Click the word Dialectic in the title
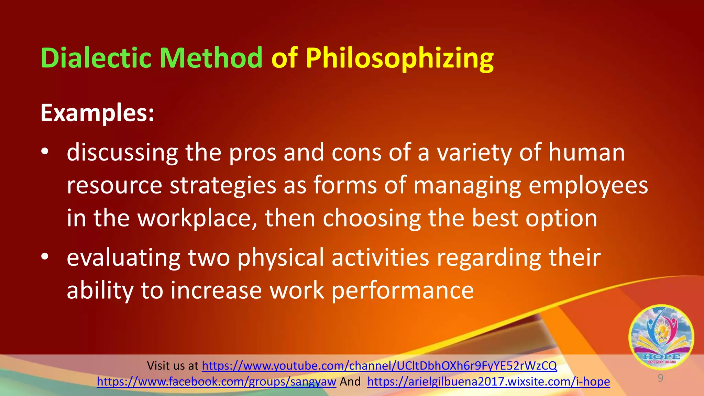point(96,58)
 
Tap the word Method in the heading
point(211,58)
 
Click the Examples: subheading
point(97,113)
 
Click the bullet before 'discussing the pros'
point(45,152)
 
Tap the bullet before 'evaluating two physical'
point(45,257)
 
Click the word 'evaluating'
point(123,257)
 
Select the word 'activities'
point(380,257)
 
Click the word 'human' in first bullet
point(586,152)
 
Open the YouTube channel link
point(379,366)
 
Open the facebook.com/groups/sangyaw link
point(216,382)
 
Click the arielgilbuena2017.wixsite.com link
point(488,382)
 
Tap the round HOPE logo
point(661,337)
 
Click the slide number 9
point(660,378)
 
